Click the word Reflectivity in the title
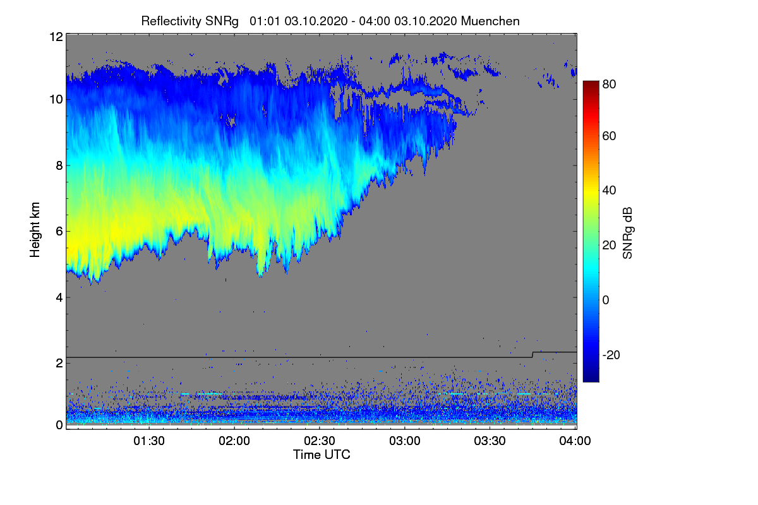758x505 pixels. point(168,21)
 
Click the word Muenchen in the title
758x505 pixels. point(490,21)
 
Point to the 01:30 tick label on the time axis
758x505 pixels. point(148,441)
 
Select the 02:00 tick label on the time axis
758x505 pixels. point(234,441)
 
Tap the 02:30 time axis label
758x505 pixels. point(320,441)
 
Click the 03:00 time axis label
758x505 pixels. point(405,441)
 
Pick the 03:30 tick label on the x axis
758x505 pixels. point(490,441)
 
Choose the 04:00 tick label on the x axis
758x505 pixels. point(575,441)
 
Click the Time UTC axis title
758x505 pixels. point(322,454)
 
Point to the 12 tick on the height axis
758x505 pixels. point(56,37)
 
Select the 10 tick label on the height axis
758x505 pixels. point(56,99)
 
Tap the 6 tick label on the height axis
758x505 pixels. point(59,231)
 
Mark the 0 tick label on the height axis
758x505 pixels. point(59,425)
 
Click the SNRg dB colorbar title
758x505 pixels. point(628,232)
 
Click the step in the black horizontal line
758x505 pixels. point(532,354)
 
